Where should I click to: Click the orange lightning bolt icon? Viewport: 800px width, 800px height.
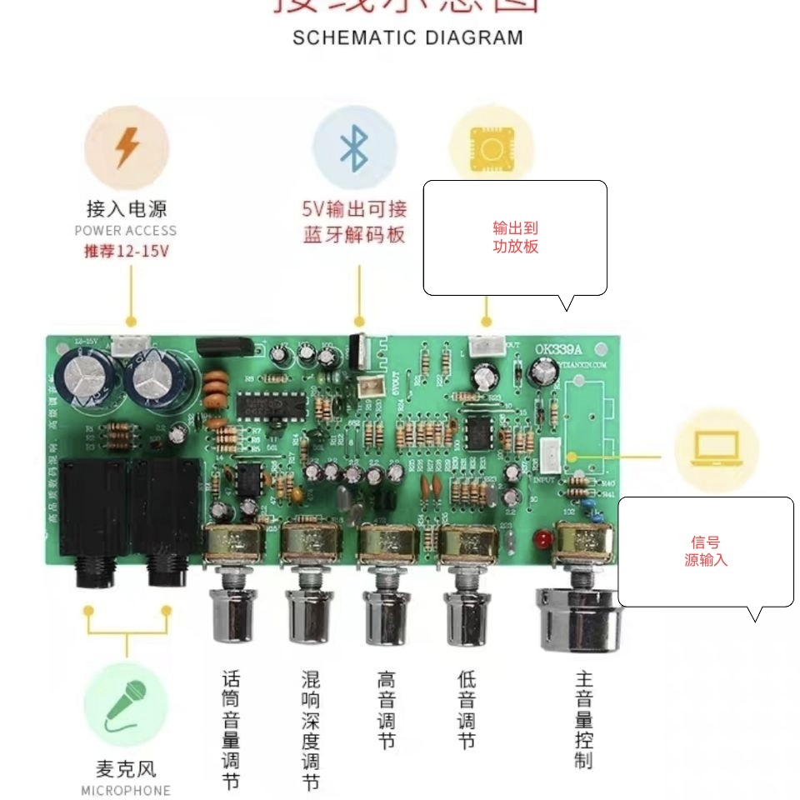click(127, 147)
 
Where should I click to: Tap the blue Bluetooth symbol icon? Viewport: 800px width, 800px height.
click(354, 147)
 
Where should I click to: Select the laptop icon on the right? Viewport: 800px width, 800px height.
click(715, 450)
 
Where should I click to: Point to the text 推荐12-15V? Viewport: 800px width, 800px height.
click(126, 251)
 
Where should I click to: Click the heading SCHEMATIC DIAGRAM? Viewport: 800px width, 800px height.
click(407, 37)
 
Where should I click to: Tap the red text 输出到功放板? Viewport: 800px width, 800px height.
click(516, 237)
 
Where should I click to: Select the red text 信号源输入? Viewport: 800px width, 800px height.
click(706, 551)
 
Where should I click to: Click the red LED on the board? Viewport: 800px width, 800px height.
click(542, 537)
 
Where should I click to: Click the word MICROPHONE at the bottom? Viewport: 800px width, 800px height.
click(126, 790)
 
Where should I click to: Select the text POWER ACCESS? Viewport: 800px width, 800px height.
click(126, 231)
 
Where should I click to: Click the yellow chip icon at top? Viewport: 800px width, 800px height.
click(491, 148)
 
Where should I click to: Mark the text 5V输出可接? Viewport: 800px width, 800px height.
click(354, 208)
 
